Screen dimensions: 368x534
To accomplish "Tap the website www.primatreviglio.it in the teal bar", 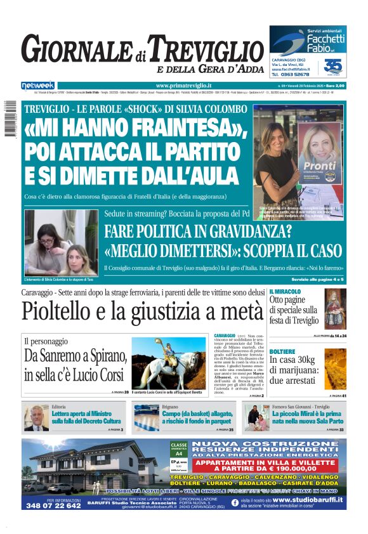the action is [183, 86].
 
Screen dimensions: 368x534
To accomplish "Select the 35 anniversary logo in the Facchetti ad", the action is [332, 67].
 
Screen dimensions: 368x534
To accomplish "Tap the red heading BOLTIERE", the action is [282, 351].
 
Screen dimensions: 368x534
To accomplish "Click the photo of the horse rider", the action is [166, 360].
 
